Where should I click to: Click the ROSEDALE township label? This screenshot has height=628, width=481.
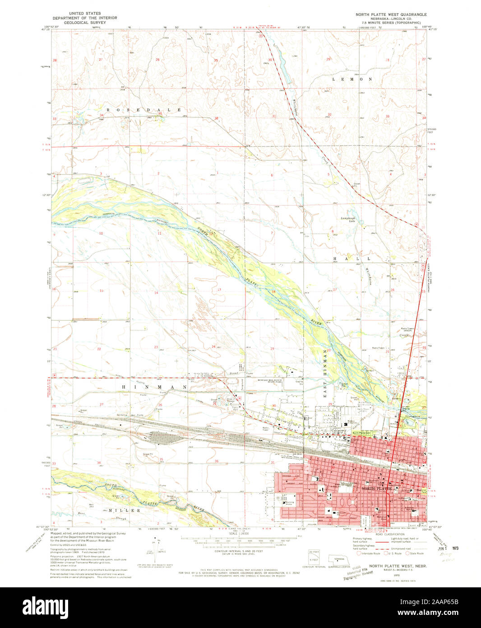coord(143,110)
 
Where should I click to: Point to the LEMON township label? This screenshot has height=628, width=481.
coord(352,79)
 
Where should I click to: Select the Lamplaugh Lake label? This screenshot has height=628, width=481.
coord(348,220)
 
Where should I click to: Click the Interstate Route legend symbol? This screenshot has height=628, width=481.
coord(359,553)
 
